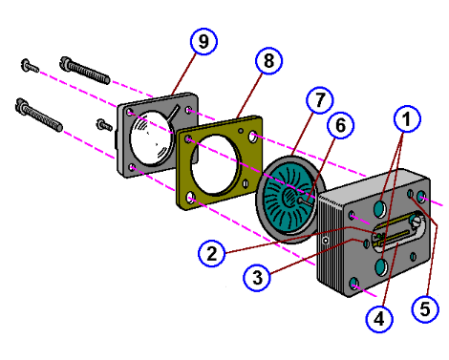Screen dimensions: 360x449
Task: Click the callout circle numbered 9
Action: point(203,42)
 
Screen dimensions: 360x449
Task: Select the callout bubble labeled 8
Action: point(268,60)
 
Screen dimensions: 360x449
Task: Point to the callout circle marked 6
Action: point(340,125)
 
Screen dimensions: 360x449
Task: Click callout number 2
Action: point(214,252)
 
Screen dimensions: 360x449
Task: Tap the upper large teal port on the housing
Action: point(381,207)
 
